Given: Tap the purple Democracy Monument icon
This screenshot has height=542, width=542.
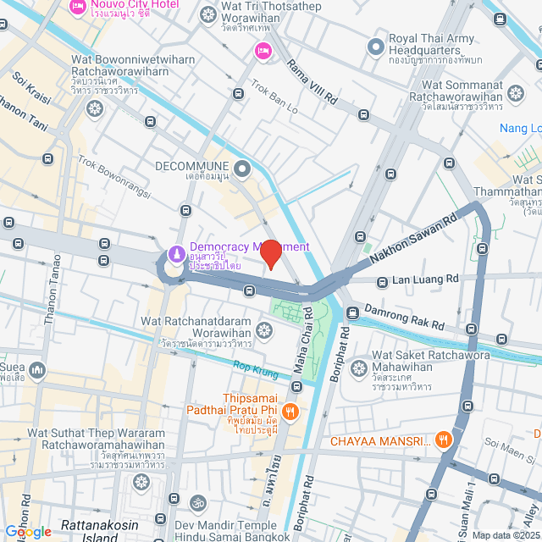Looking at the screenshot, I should (175, 253).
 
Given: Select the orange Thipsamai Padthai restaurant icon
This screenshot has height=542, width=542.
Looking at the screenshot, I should (290, 412).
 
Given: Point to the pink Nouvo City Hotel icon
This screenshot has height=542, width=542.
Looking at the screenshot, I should (77, 8).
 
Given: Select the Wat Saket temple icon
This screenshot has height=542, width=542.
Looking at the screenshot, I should (358, 368).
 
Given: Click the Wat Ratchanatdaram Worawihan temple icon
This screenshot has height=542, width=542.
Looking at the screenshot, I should (264, 330).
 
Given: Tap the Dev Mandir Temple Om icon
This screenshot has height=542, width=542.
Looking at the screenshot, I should (196, 504).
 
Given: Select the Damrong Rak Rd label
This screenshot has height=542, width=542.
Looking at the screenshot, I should (404, 317).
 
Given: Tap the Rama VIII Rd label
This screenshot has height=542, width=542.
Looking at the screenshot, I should (312, 82).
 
